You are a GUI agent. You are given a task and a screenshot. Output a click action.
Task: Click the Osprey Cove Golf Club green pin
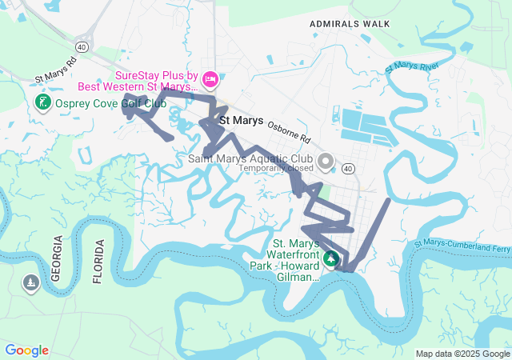coord(42,102)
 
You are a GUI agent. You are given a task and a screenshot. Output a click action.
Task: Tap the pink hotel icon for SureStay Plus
coord(210,78)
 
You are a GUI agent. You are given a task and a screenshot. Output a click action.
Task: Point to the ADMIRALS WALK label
coord(350,24)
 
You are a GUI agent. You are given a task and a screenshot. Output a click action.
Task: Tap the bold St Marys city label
coord(241,121)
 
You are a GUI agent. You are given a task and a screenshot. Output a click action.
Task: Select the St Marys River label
coord(412,67)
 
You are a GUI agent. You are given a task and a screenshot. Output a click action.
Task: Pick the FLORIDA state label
coord(98,261)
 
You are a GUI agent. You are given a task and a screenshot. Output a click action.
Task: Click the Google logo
coord(26,350)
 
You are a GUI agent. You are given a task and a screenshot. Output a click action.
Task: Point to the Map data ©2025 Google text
coord(463,354)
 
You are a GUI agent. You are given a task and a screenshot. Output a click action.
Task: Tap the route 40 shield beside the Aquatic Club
coord(348,169)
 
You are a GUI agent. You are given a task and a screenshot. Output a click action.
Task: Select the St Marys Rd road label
coord(55,70)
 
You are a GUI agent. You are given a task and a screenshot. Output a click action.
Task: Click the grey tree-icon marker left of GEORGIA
coord(31,283)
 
